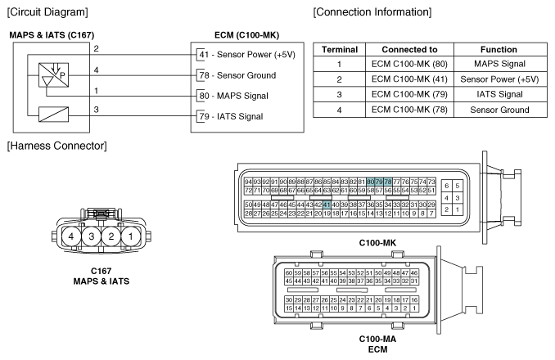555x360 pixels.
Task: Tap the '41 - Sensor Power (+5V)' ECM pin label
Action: pyautogui.click(x=242, y=55)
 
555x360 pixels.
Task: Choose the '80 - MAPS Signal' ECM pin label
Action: pyautogui.click(x=233, y=96)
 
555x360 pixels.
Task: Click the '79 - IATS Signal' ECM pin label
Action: pyautogui.click(x=232, y=116)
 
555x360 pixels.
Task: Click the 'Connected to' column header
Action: pyautogui.click(x=411, y=50)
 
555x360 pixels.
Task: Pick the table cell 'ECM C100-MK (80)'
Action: pyautogui.click(x=411, y=65)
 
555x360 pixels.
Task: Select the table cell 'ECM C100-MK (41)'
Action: pyautogui.click(x=411, y=79)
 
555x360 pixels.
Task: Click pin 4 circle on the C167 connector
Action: pyautogui.click(x=74, y=237)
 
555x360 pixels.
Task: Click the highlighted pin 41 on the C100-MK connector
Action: pyautogui.click(x=327, y=205)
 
